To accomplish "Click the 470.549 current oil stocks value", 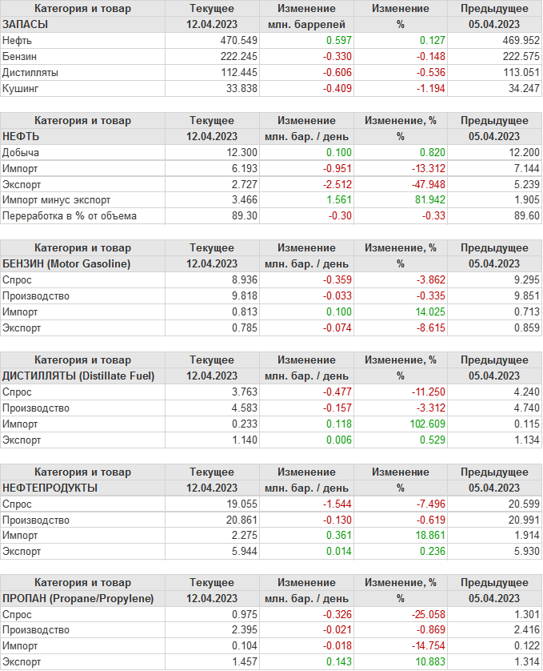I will [x=238, y=41].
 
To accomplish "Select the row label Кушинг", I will [x=20, y=89].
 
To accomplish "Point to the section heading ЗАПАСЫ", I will [x=25, y=25].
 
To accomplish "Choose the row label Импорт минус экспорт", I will [x=56, y=200].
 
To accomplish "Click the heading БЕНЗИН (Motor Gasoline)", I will [x=66, y=263].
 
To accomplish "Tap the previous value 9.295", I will [x=522, y=280].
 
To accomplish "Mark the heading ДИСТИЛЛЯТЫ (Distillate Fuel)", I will [x=78, y=376].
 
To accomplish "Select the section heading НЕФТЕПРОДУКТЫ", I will [x=50, y=488].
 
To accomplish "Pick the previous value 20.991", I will [x=520, y=520].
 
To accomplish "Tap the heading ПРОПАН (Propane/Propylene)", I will [x=78, y=598].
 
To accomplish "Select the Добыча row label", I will [x=21, y=152].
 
